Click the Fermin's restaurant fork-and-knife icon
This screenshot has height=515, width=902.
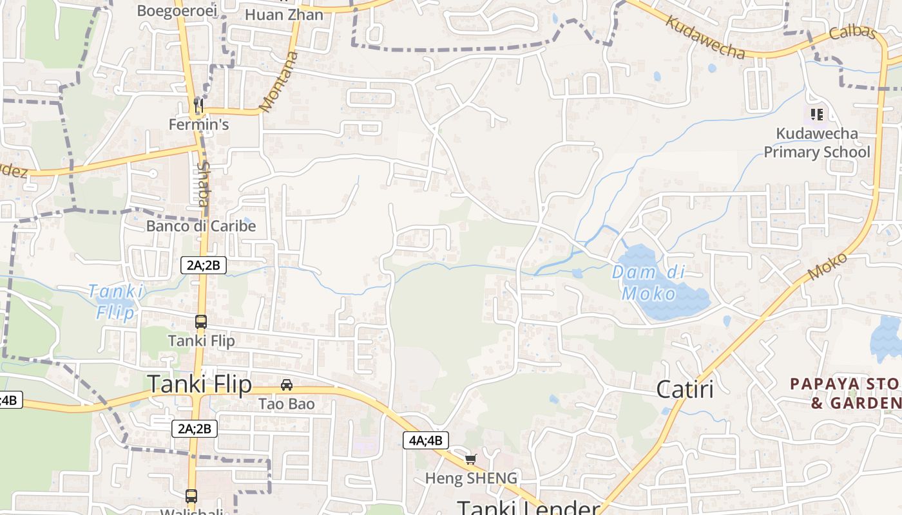(198, 104)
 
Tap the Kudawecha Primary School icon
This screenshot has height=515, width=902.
(817, 115)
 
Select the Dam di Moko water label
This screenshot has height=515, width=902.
(648, 283)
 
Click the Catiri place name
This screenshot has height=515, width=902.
(685, 389)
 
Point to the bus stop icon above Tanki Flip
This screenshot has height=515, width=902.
(201, 321)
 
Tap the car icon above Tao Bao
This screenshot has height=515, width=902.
(287, 385)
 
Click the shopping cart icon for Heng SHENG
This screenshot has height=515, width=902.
(471, 459)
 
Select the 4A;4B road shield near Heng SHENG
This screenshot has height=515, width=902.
(425, 440)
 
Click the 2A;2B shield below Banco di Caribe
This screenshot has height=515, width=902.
(204, 265)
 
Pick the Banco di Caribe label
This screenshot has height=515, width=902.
(201, 226)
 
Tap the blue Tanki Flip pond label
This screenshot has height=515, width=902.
(116, 302)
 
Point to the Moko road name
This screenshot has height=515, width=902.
(827, 266)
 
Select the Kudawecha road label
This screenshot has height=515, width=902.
(705, 37)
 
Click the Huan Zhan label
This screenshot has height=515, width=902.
(284, 14)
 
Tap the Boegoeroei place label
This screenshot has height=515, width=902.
(168, 11)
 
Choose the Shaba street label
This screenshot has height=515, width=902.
(202, 183)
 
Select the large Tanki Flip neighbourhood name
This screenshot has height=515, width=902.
(200, 384)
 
